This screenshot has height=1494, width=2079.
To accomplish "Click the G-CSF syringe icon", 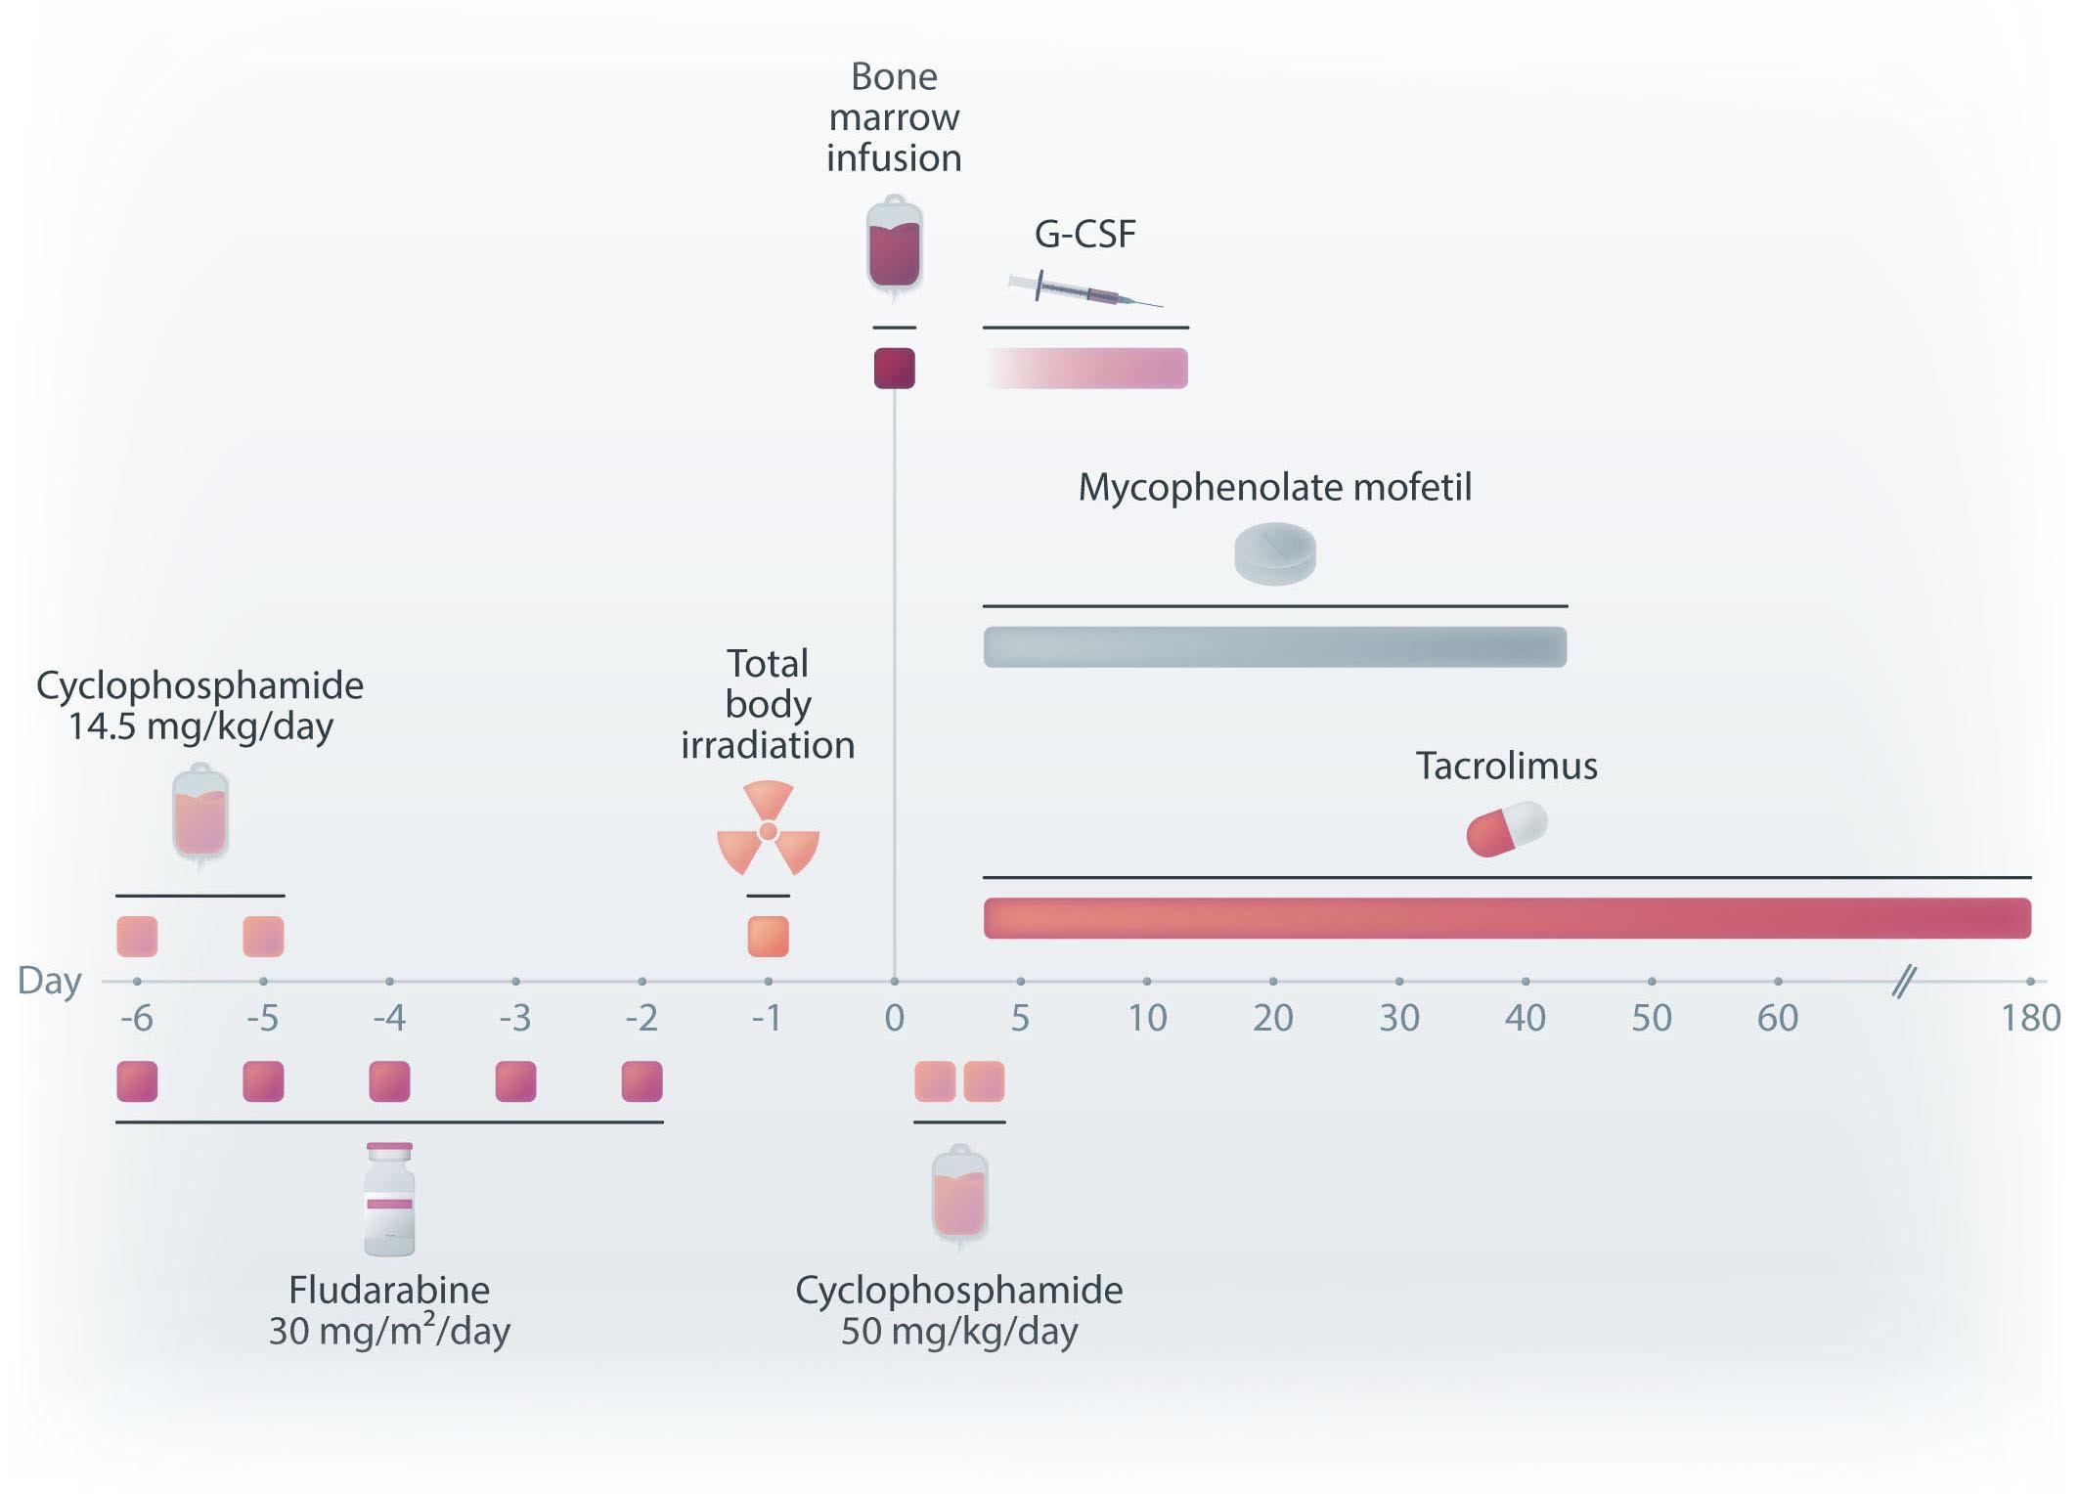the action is point(1085,288).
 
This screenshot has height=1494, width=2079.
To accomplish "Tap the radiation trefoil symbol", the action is point(768,828).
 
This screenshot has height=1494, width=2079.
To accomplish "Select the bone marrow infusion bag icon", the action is point(894,246).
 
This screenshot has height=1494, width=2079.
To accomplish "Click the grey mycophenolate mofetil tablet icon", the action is point(1275,554).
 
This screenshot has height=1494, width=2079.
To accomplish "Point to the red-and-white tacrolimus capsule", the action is point(1507,829).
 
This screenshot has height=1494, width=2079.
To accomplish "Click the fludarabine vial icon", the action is point(389,1199).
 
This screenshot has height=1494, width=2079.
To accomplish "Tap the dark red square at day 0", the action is point(894,369).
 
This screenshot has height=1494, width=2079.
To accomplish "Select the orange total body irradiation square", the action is point(768,937).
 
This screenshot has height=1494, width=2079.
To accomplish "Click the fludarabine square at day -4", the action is point(389,1082).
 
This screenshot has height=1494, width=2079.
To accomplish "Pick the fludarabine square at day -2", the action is point(641,1082).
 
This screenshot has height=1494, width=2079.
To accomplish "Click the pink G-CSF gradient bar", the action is point(1085,369).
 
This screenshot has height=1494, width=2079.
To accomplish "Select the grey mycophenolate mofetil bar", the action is point(1275,647).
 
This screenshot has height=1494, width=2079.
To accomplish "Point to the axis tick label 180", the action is point(2031,1019).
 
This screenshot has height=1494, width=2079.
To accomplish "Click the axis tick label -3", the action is point(515,1019).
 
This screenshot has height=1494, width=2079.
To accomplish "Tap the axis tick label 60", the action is point(1778,1019).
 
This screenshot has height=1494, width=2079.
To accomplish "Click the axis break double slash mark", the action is point(1904,981).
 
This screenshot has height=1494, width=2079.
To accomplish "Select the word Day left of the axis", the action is point(50,982).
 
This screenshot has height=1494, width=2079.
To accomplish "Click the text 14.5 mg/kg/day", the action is point(200,726).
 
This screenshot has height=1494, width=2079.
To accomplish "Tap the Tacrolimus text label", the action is point(1507,766).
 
